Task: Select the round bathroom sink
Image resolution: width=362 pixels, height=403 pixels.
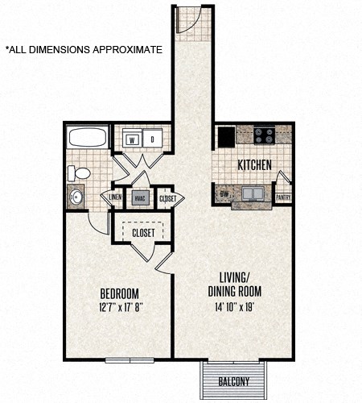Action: [77, 196]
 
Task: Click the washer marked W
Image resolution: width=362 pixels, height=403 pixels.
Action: [132, 138]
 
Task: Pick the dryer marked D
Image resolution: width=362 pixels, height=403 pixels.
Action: [152, 138]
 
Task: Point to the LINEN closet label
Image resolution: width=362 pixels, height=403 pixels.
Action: [115, 197]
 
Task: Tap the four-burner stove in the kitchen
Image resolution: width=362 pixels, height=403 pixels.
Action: [264, 135]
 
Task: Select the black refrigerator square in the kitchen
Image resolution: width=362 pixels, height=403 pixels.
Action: [224, 135]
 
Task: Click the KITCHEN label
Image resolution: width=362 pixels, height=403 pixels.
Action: [253, 165]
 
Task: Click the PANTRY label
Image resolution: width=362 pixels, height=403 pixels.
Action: [283, 196]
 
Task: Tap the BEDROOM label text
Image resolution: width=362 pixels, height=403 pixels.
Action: [120, 292]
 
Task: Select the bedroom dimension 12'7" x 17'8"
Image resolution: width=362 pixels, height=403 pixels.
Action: [120, 306]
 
